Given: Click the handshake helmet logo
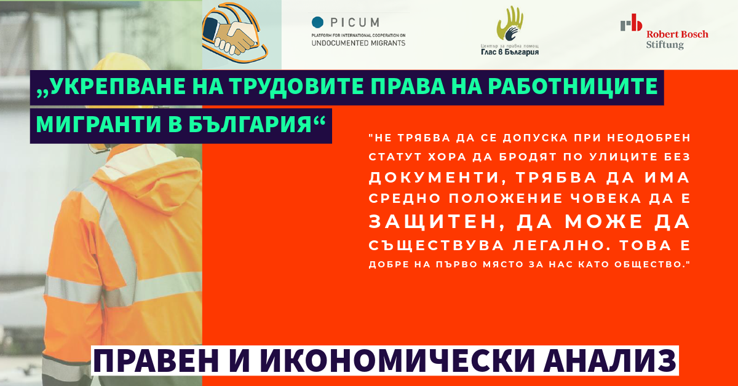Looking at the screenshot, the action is point(235,33).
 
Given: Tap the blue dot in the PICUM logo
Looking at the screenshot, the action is point(317,22).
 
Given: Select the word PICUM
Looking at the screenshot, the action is point(355,22).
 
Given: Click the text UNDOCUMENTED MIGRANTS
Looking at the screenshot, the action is point(359,43).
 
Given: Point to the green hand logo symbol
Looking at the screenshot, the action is point(510,23).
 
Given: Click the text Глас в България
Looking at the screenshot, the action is point(510,52).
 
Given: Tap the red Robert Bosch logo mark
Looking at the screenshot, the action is point(631,23).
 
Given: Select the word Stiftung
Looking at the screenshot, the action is point(665,44).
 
